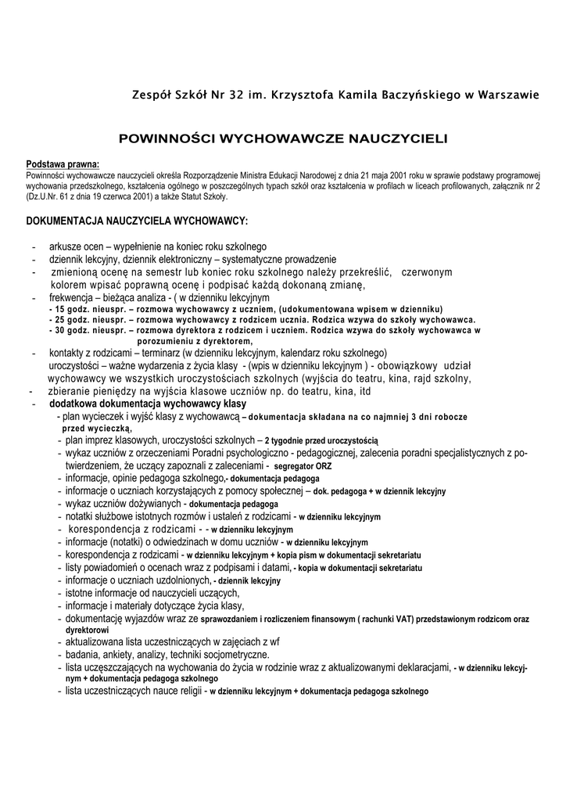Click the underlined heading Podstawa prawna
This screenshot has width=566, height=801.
pyautogui.click(x=63, y=164)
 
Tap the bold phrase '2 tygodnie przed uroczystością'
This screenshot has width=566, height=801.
pyautogui.click(x=321, y=440)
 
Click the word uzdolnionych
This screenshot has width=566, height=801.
pyautogui.click(x=177, y=580)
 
